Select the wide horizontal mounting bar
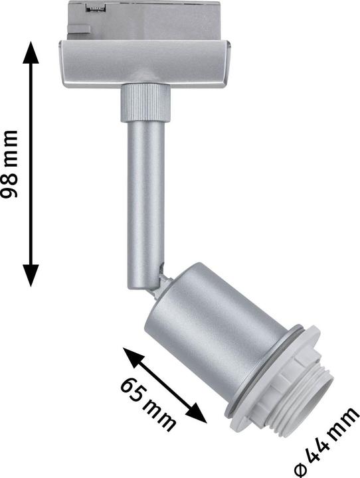click(145, 63)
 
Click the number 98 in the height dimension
click(10, 187)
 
